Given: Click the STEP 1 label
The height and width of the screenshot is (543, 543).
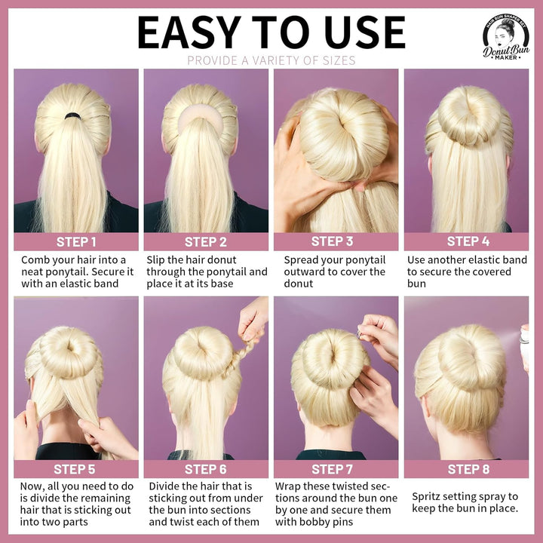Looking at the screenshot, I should point(76,242).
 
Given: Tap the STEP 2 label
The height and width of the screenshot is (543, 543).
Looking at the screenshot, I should point(206,242).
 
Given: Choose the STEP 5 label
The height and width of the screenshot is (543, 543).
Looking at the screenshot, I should point(76,469).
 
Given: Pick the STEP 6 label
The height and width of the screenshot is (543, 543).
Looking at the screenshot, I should point(206,469).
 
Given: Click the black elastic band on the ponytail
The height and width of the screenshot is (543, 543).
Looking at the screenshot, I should point(72,115).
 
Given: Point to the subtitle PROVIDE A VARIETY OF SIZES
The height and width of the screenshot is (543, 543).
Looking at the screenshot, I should point(271,60).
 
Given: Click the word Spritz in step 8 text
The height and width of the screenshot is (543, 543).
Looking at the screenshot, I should point(428,496).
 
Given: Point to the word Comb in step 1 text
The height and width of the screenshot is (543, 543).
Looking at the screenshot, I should point(35,260).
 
